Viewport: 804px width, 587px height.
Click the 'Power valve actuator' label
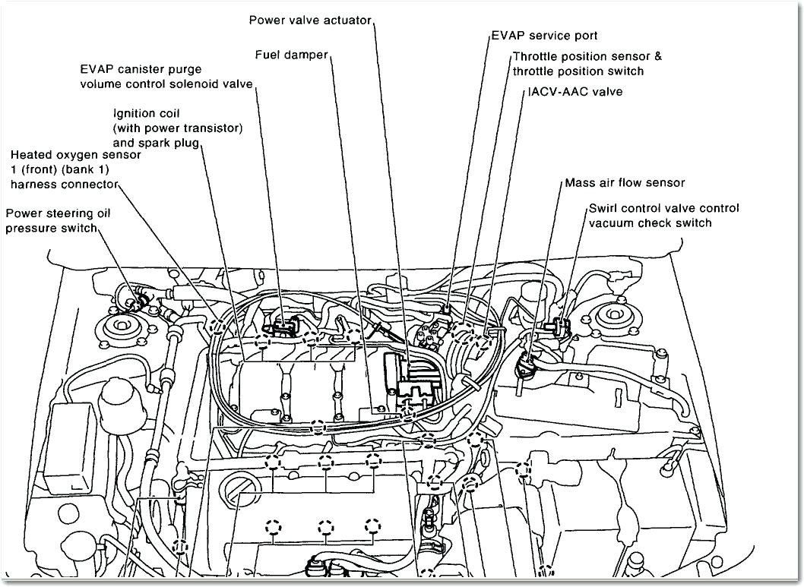[x=310, y=20]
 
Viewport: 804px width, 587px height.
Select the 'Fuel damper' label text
[x=292, y=55]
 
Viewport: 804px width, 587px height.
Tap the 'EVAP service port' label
[x=544, y=36]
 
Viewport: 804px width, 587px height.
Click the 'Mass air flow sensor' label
[x=625, y=183]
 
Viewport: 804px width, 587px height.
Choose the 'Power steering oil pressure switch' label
[x=59, y=220]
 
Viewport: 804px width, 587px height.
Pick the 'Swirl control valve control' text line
[x=663, y=208]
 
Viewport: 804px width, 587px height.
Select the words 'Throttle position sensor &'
[x=587, y=56]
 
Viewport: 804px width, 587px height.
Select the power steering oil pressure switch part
[x=140, y=301]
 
